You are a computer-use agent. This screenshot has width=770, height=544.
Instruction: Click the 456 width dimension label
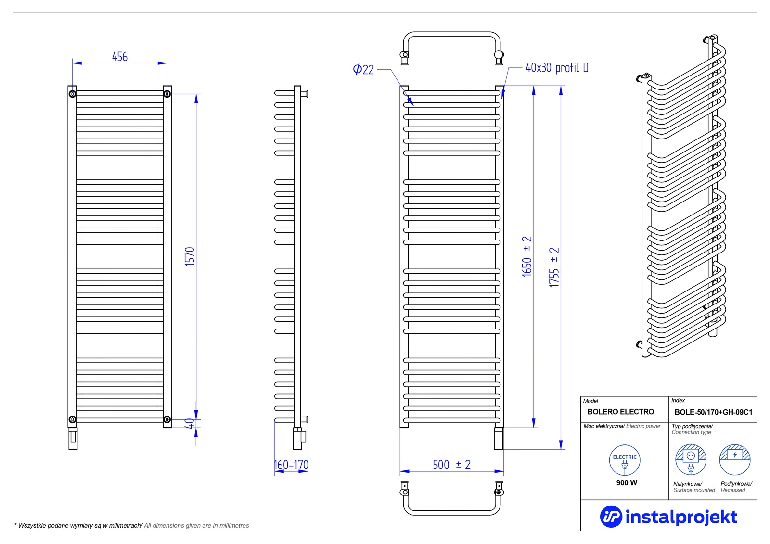(x=120, y=57)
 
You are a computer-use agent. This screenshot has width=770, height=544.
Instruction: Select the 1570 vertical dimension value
(x=190, y=256)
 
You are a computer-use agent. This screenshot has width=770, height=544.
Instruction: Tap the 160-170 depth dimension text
(x=291, y=465)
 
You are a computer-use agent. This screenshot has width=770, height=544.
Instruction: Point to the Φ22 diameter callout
(x=363, y=69)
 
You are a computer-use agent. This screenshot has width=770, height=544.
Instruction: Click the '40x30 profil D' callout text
(x=556, y=68)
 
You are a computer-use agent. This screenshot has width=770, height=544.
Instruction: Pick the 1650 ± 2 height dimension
(x=527, y=256)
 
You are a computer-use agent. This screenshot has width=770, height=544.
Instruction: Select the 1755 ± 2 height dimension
(x=554, y=267)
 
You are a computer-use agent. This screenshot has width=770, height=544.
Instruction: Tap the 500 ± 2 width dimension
(x=451, y=465)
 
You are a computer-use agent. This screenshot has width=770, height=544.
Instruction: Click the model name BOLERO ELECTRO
(x=620, y=412)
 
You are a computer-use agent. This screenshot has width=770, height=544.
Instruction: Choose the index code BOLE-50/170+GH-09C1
(x=713, y=412)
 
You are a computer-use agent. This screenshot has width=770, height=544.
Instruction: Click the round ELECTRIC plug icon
(x=625, y=460)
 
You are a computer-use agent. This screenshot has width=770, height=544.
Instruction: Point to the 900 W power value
(x=627, y=483)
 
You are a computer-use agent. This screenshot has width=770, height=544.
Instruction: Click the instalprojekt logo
(x=668, y=517)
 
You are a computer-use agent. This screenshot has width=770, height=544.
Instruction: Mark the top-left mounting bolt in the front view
(x=72, y=94)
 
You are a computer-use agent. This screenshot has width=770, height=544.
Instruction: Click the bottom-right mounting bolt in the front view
(x=167, y=419)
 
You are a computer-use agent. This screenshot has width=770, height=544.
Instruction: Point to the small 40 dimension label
(x=191, y=424)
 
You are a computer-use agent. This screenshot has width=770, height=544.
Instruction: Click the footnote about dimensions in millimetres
(x=132, y=526)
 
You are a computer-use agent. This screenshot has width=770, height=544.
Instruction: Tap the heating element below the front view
(x=73, y=437)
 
